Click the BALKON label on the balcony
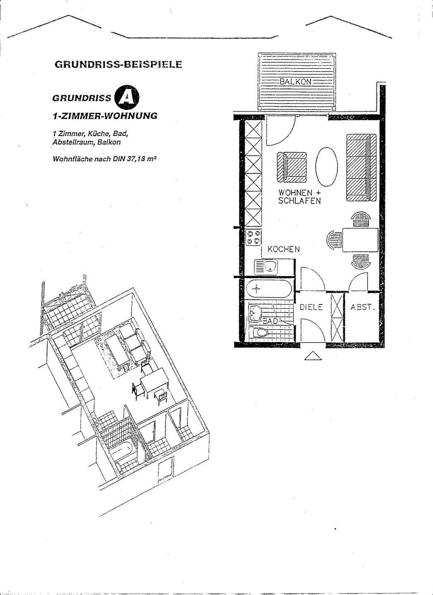pos(295,81)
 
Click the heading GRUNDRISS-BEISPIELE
pos(118,65)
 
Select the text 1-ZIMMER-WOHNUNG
pos(105,116)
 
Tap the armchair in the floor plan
pos(292,167)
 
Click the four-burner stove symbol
pos(253,238)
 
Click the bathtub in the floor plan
pos(269,288)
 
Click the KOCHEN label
pos(284,249)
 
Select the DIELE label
pos(311,307)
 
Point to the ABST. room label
pos(362,307)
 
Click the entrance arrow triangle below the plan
pos(313,356)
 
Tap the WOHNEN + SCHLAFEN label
pos(299,197)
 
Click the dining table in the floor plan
pos(360,239)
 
